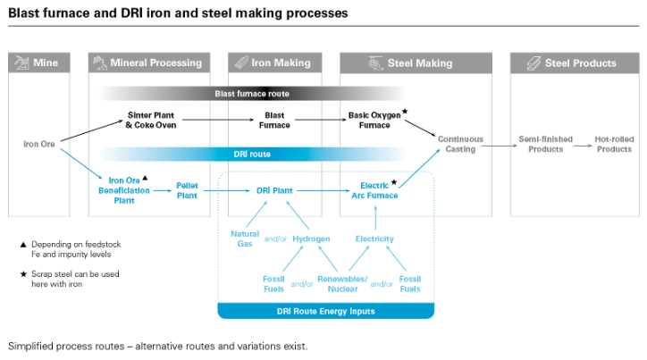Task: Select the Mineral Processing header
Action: point(150,63)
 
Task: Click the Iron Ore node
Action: point(39,143)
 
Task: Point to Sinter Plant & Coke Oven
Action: point(151,120)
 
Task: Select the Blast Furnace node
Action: point(274,120)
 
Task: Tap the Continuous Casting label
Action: point(460,144)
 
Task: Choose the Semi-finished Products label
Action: point(541,144)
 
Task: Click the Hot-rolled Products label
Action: point(614,144)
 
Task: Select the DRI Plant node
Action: point(275,190)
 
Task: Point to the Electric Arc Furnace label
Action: point(374,190)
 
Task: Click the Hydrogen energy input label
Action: point(311,239)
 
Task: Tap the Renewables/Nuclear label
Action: point(342,283)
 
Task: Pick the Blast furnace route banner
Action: point(252,93)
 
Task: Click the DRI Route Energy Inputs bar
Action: point(325,311)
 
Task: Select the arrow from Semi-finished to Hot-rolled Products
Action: point(580,144)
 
